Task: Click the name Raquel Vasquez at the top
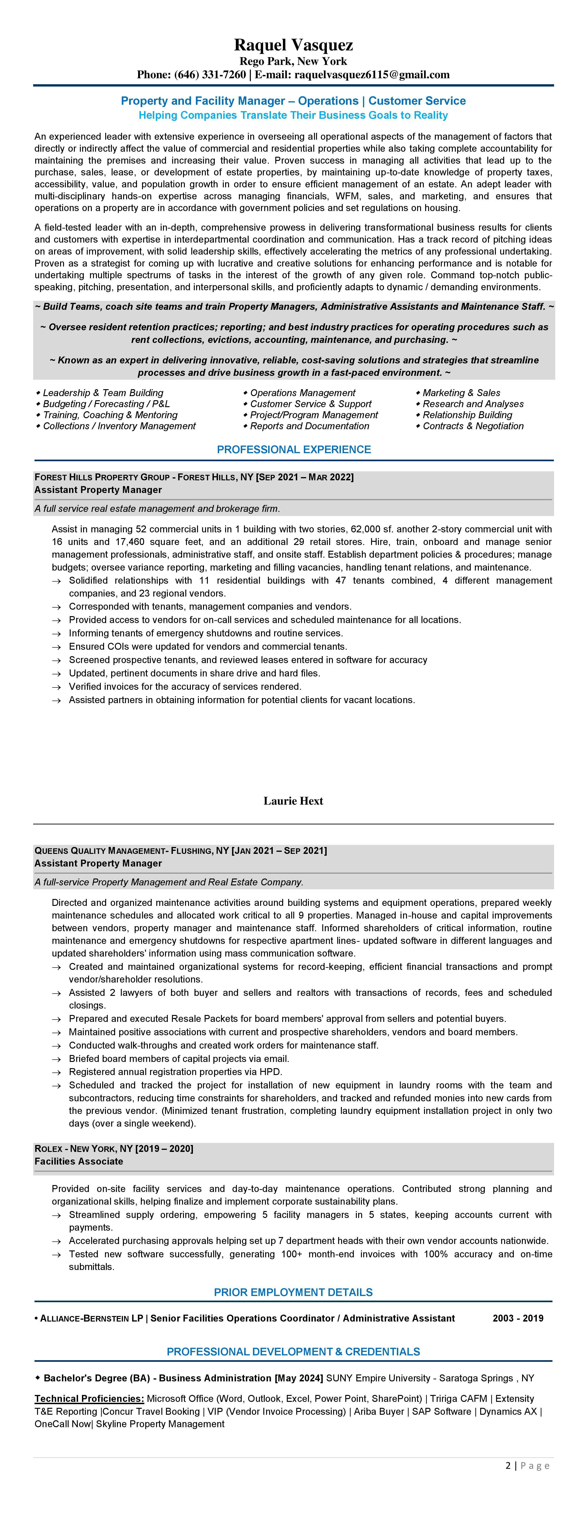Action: point(293,45)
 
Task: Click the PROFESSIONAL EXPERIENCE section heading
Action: point(294,449)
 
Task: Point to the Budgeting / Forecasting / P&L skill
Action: point(106,404)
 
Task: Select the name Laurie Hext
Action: point(293,801)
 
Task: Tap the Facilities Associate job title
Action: point(79,1161)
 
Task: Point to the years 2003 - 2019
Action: point(518,1318)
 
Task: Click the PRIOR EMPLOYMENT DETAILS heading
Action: point(293,1292)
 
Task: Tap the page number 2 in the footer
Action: point(508,1465)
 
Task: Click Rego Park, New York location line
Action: point(293,61)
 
